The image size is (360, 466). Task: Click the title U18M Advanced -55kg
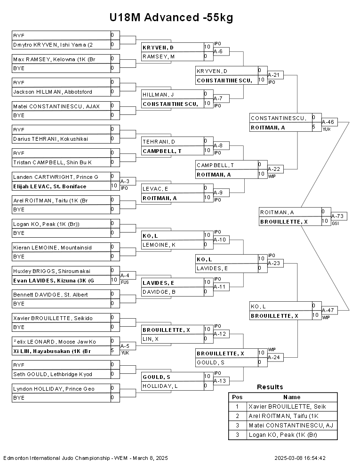[x=171, y=17]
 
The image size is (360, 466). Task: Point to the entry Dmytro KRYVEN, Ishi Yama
[x=53, y=45]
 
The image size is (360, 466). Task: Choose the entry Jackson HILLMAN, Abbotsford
[x=52, y=92]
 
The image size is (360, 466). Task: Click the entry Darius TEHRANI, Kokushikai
[x=50, y=139]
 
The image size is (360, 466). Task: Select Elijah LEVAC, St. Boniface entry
[x=49, y=186]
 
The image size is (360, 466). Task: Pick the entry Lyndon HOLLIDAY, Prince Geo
[x=54, y=388]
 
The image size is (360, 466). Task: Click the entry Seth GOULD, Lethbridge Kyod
[x=53, y=374]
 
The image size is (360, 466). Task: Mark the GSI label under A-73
[x=335, y=224]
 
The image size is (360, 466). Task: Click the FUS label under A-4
[x=125, y=282]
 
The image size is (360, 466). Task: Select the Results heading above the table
[x=270, y=387]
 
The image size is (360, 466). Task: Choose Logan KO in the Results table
[x=283, y=435]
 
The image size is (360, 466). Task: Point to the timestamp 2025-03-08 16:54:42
[x=300, y=458]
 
